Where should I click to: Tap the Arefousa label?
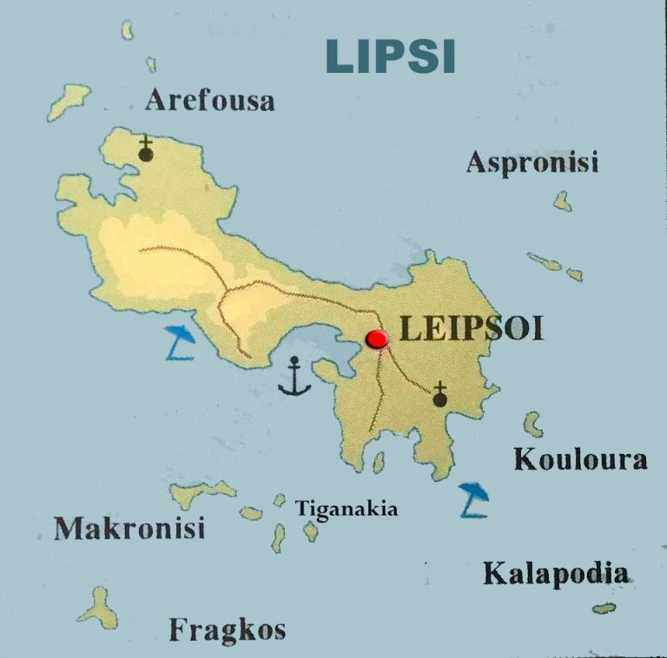pyautogui.click(x=209, y=100)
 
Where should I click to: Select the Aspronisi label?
pyautogui.click(x=532, y=161)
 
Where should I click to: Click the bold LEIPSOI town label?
pyautogui.click(x=471, y=329)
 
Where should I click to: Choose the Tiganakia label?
pyautogui.click(x=347, y=509)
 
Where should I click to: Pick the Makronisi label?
pyautogui.click(x=129, y=528)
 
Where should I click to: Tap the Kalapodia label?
pyautogui.click(x=556, y=573)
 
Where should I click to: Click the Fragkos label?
pyautogui.click(x=227, y=628)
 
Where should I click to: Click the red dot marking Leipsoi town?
pyautogui.click(x=377, y=339)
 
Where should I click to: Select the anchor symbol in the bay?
pyautogui.click(x=295, y=377)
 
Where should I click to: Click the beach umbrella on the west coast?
pyautogui.click(x=180, y=343)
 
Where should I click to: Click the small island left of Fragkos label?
pyautogui.click(x=99, y=607)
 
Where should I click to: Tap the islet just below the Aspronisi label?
pyautogui.click(x=563, y=201)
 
